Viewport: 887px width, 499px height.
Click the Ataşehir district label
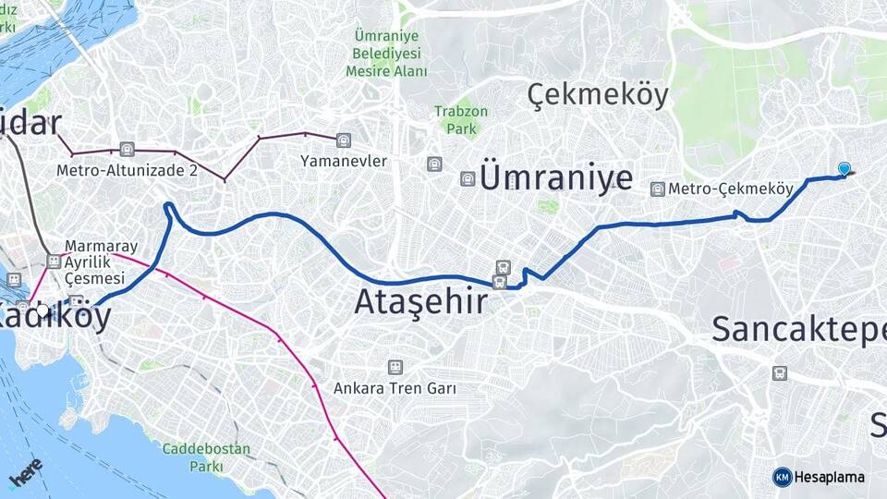pyautogui.click(x=421, y=301)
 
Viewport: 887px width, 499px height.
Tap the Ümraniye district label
pyautogui.click(x=557, y=177)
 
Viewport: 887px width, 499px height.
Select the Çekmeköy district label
pyautogui.click(x=597, y=94)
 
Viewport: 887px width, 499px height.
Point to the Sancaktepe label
pyautogui.click(x=798, y=330)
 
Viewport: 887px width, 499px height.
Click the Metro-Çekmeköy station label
pyautogui.click(x=731, y=189)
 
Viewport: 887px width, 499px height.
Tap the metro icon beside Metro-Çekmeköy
pyautogui.click(x=657, y=189)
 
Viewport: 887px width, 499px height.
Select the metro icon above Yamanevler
pyautogui.click(x=344, y=141)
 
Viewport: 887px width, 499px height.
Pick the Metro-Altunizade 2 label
pyautogui.click(x=127, y=170)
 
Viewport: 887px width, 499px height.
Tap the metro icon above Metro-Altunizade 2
pyautogui.click(x=127, y=150)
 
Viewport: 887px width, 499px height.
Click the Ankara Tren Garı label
pyautogui.click(x=395, y=388)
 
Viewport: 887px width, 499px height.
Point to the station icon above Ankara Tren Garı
pyautogui.click(x=395, y=367)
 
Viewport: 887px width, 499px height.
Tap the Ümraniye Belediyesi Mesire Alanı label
pyautogui.click(x=387, y=53)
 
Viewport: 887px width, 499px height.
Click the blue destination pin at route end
pyautogui.click(x=844, y=168)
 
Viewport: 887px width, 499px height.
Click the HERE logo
pyautogui.click(x=26, y=471)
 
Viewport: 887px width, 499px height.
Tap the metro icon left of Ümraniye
pyautogui.click(x=468, y=178)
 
